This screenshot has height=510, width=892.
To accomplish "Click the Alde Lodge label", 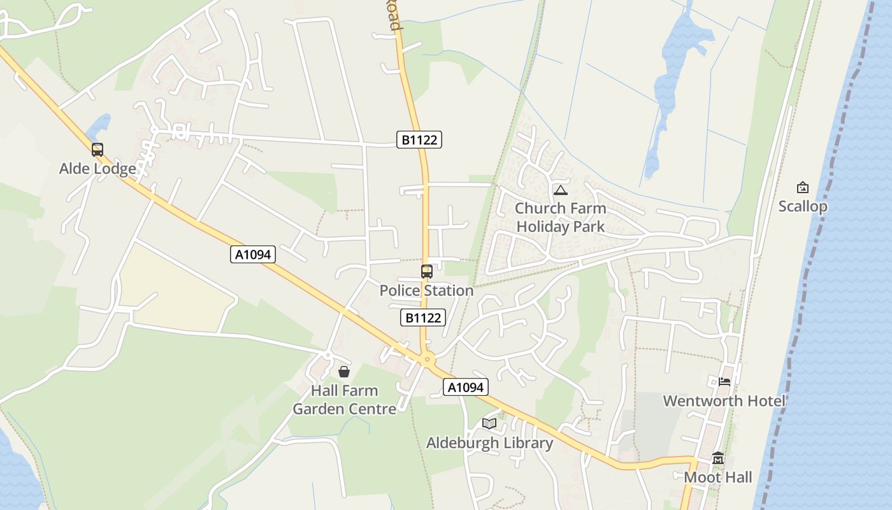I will point(97,169).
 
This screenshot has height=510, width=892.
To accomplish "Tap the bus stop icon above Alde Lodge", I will point(97,150).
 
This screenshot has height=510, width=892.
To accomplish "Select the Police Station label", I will point(426,291).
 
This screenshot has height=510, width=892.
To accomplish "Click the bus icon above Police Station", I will point(427,272).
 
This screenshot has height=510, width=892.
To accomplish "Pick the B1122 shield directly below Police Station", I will point(422,317).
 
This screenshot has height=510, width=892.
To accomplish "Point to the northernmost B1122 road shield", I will point(419,140).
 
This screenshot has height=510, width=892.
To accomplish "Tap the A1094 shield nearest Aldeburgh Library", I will point(466,387).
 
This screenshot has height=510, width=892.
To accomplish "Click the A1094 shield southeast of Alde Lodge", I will point(253,254).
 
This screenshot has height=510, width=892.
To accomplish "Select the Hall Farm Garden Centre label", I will point(344,400).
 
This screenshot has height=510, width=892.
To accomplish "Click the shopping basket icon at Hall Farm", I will point(344,372).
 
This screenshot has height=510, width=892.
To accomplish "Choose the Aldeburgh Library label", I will point(489,443).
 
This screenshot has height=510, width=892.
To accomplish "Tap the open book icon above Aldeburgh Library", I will point(489,423).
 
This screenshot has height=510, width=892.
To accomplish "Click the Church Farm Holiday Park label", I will point(561,217).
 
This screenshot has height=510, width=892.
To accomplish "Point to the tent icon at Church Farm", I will point(560,190).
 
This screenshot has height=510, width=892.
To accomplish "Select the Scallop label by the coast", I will point(803,207).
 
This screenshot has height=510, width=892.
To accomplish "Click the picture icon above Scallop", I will point(803,187).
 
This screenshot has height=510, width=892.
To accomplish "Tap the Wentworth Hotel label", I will point(724,401).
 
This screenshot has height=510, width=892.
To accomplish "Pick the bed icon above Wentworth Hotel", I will point(724,382).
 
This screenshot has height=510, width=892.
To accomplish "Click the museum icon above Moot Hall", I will point(718,458).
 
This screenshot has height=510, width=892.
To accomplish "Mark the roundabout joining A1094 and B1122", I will point(427,360).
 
